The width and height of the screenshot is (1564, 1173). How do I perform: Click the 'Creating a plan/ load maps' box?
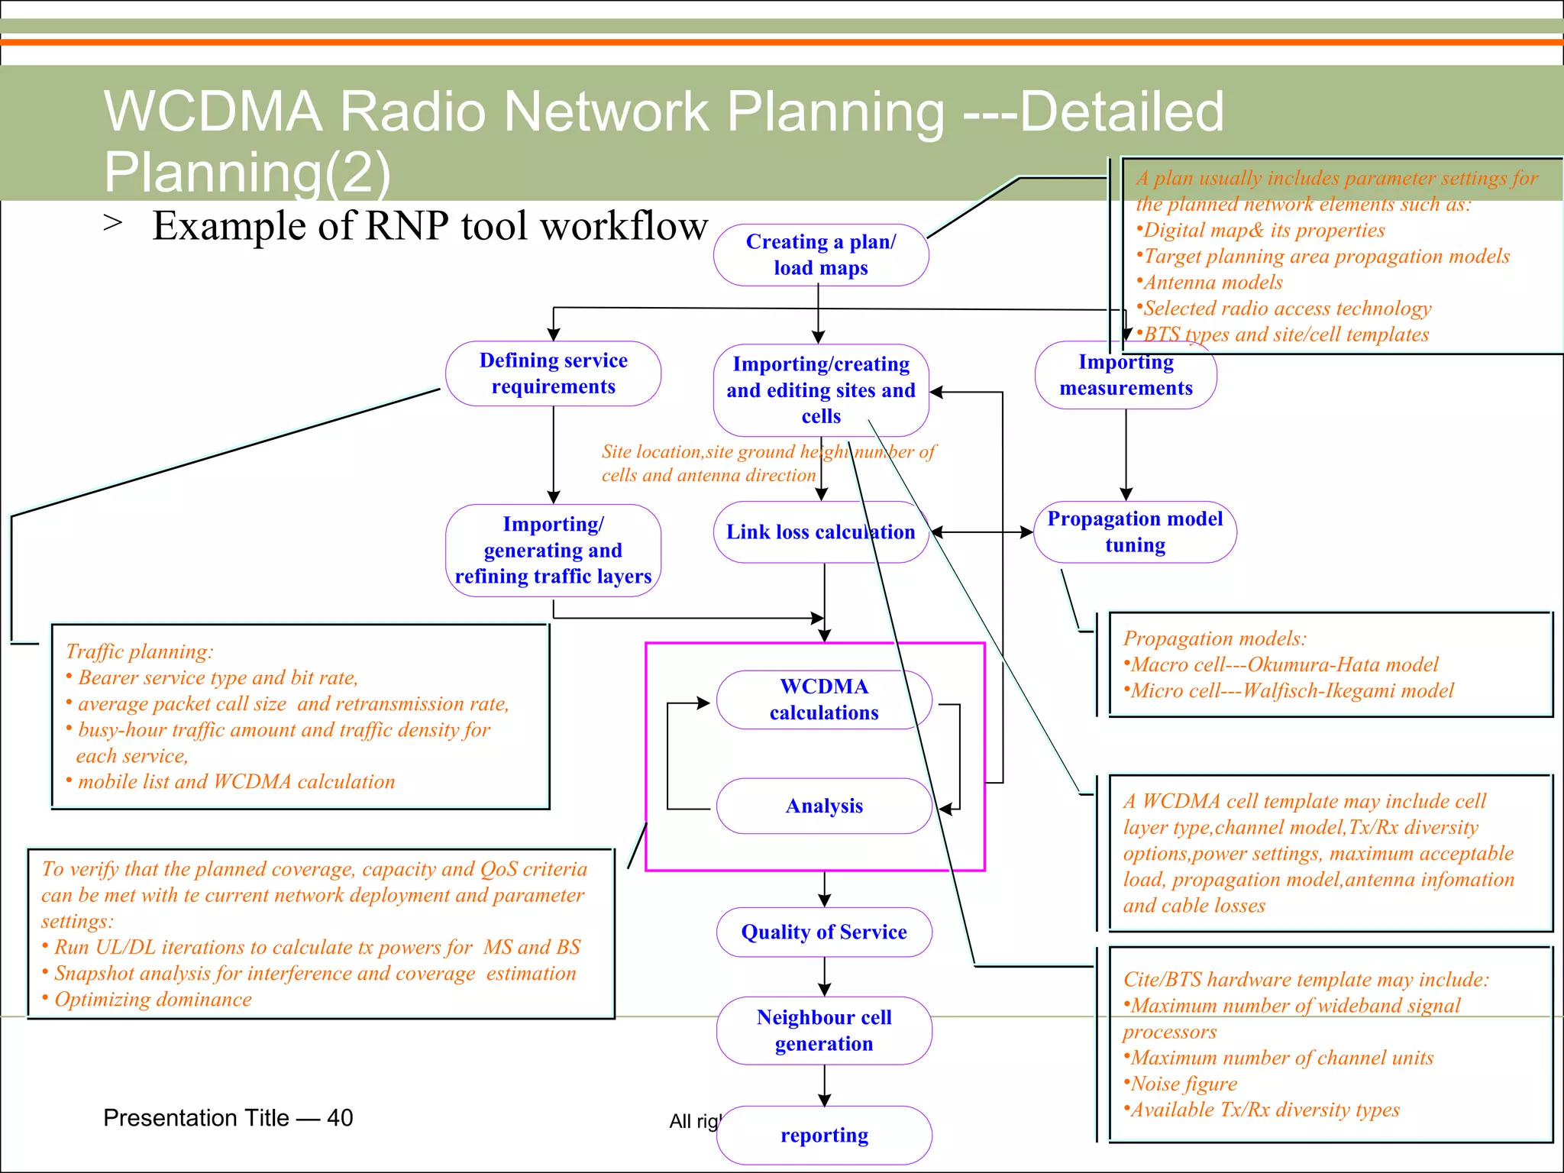(x=821, y=255)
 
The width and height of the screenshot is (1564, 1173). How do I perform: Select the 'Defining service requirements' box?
(x=553, y=373)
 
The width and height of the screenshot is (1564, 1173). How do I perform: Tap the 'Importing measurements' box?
(x=1126, y=375)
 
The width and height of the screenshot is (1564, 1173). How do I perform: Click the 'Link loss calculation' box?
(x=820, y=532)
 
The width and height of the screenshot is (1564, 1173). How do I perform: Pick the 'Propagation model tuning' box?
(x=1135, y=532)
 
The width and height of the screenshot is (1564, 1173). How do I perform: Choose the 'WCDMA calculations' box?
(x=824, y=700)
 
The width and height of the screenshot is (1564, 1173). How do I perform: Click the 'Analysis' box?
(x=824, y=806)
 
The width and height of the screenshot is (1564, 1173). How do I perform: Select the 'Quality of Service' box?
(x=824, y=932)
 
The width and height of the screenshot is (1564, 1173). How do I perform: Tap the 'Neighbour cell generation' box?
(x=824, y=1030)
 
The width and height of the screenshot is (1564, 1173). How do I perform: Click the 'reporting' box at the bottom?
(x=824, y=1135)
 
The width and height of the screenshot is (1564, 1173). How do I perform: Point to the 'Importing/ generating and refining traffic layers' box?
(x=553, y=550)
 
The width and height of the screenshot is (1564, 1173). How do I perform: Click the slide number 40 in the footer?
(x=340, y=1118)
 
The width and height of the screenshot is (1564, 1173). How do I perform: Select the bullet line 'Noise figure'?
(x=1184, y=1084)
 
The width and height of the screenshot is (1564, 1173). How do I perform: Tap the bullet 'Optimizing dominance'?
(x=153, y=999)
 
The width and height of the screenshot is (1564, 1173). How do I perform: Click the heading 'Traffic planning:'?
(x=139, y=651)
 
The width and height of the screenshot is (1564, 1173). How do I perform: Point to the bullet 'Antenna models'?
(x=1213, y=283)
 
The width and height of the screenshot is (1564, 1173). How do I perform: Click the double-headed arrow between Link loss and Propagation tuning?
(x=982, y=532)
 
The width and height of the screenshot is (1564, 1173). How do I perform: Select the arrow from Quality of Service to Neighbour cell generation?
(x=825, y=977)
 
